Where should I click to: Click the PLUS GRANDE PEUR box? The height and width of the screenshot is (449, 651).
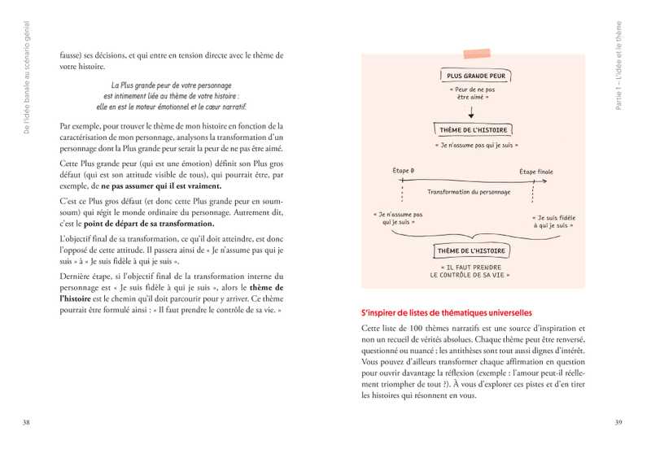pyautogui.click(x=476, y=76)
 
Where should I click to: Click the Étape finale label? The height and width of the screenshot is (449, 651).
pyautogui.click(x=536, y=172)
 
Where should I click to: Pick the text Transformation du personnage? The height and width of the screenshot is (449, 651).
pyautogui.click(x=469, y=192)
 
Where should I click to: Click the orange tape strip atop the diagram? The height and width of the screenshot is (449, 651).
pyautogui.click(x=476, y=54)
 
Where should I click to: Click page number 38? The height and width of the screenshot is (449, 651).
pyautogui.click(x=27, y=422)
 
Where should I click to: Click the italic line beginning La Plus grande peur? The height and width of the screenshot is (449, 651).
pyautogui.click(x=171, y=85)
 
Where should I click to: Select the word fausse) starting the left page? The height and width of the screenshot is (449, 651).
pyautogui.click(x=72, y=55)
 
